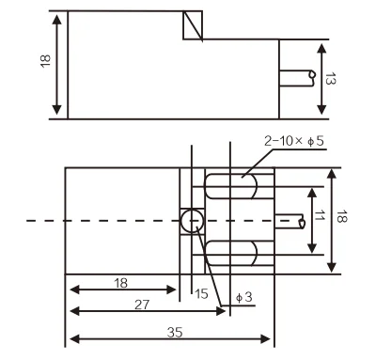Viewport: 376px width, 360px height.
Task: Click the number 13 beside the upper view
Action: point(330,78)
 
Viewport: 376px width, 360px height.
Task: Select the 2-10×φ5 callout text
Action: point(294,141)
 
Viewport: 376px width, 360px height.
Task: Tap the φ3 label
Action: point(243,297)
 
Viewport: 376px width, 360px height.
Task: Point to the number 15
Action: point(201,293)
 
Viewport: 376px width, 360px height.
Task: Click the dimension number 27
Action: point(142,305)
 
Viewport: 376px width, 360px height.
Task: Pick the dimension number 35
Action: point(175,332)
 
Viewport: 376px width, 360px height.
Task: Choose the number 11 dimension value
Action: point(320,215)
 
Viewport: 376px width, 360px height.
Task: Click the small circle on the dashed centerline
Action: point(192,221)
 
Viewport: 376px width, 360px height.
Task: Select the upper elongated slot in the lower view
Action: point(231,186)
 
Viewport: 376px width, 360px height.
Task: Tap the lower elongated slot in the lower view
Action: point(231,254)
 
